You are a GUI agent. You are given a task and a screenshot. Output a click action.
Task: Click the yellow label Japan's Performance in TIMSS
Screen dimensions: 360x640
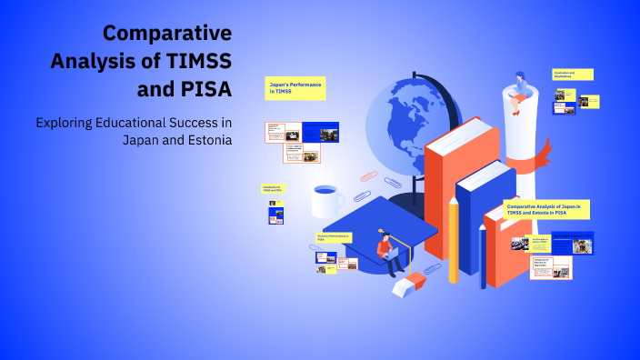pyautogui.click(x=295, y=88)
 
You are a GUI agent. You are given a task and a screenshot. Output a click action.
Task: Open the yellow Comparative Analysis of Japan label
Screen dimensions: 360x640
pyautogui.click(x=545, y=209)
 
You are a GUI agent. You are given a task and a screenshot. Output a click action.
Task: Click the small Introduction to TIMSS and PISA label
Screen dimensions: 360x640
pyautogui.click(x=273, y=189)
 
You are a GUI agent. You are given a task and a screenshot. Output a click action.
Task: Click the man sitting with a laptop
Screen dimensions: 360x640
pyautogui.click(x=389, y=253)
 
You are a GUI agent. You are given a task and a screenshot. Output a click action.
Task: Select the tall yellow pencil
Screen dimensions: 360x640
pyautogui.click(x=453, y=241)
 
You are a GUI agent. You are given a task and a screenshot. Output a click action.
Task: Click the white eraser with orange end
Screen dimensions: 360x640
pyautogui.click(x=406, y=285)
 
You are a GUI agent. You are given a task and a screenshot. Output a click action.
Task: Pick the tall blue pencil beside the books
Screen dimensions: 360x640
pyautogui.click(x=483, y=255)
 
